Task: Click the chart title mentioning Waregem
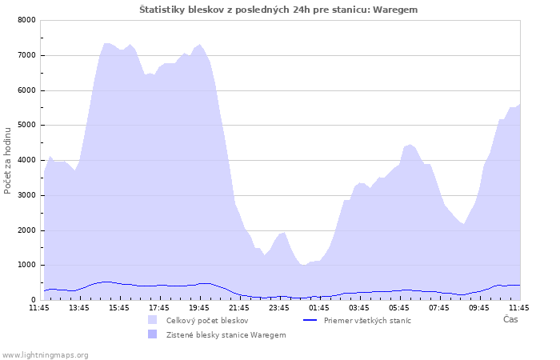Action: [278, 10]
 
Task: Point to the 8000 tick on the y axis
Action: [26, 20]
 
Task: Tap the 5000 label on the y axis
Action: [26, 126]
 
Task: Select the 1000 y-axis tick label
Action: [26, 266]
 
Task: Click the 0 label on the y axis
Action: [34, 300]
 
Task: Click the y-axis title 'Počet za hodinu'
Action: [7, 161]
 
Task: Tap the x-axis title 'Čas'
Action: [510, 319]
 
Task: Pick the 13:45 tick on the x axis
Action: [79, 308]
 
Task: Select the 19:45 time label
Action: [199, 308]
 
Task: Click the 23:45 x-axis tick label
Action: [279, 308]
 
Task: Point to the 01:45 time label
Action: [319, 308]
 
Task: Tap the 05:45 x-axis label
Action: [399, 308]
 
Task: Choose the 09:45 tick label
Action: [479, 308]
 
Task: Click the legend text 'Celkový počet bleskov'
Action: [207, 321]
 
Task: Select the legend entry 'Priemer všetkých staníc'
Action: [367, 321]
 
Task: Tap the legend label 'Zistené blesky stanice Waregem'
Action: [226, 335]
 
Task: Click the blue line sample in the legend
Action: [310, 320]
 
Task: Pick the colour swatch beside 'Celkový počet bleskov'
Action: [153, 320]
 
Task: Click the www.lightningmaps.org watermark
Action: [45, 355]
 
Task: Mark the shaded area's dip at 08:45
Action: [463, 224]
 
